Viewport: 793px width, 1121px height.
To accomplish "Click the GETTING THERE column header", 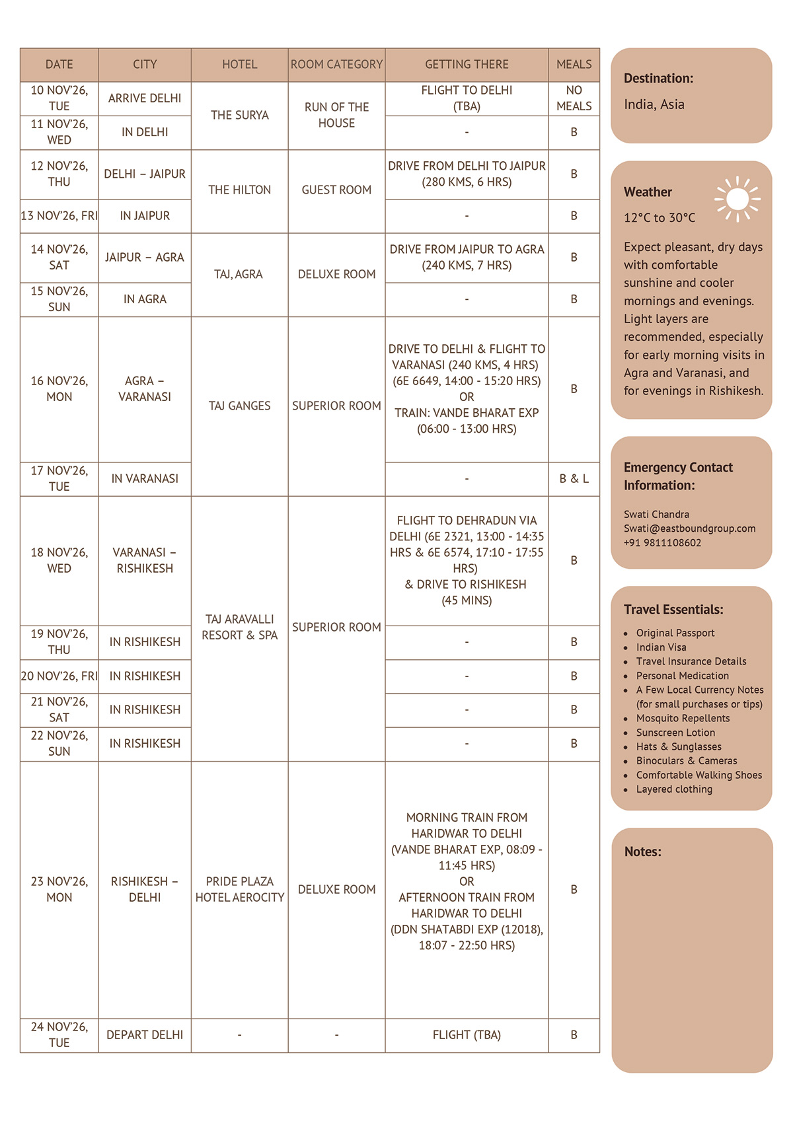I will coord(467,65).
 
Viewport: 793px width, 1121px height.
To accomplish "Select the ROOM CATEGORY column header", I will coord(336,65).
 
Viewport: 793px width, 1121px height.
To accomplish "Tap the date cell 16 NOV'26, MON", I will coord(59,389).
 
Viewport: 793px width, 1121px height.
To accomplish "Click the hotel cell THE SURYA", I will coord(239,115).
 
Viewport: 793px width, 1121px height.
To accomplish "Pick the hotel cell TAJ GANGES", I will coord(239,406).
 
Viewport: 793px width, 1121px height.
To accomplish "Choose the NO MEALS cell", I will coord(574,98).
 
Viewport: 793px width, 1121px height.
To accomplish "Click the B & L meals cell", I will coord(574,479).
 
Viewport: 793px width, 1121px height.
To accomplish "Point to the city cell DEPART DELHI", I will coord(145,1034).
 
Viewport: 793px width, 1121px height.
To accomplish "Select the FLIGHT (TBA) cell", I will coord(467,1034).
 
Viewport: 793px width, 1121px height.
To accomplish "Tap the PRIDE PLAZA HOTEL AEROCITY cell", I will coord(239,889).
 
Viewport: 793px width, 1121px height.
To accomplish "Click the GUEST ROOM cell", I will coord(336,190).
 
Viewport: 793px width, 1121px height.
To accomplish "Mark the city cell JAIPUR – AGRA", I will coord(145,258).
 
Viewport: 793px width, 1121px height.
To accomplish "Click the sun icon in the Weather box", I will coord(737,199).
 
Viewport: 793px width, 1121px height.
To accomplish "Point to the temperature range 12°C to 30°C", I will coord(660,218).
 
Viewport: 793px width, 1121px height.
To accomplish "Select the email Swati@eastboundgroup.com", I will coord(689,528).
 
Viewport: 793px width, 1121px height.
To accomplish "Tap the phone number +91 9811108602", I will coord(662,543).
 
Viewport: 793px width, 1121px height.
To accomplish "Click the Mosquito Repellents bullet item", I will coord(683,718).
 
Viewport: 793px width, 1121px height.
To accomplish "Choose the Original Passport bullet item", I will coord(675,633).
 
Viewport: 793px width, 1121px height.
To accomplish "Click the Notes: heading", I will coord(642,852).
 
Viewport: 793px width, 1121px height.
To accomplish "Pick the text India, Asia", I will coord(654,104).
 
